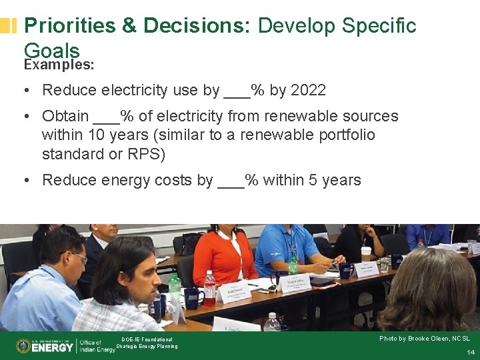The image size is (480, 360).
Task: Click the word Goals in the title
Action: [51, 50]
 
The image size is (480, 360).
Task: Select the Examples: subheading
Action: [59, 65]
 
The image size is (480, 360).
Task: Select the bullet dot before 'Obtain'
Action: [25, 117]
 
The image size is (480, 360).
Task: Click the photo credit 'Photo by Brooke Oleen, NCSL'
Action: [424, 339]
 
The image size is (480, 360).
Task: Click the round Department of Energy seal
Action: [23, 346]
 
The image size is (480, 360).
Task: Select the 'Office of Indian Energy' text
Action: [97, 345]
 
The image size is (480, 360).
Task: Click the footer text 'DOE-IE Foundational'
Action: [147, 339]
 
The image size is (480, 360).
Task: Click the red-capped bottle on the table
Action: [209, 287]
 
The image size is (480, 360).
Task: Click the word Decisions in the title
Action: [196, 26]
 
